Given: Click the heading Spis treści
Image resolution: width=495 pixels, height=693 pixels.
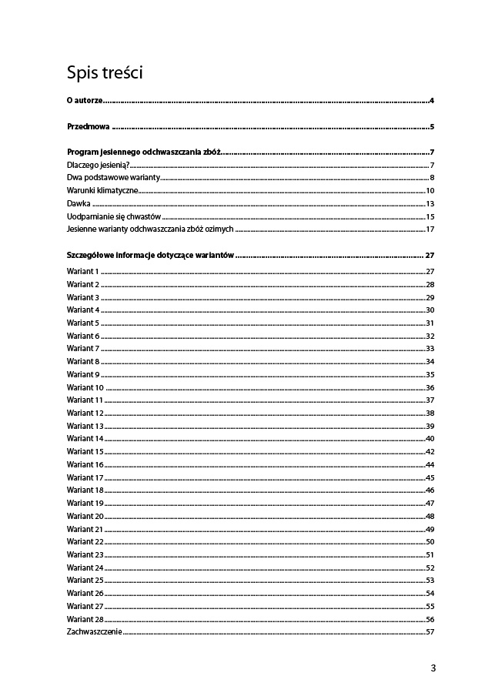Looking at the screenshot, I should [x=105, y=74].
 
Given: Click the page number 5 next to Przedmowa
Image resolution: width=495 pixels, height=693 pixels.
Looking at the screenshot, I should [x=433, y=127].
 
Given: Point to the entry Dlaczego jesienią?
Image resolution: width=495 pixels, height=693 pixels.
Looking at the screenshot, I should [x=97, y=165].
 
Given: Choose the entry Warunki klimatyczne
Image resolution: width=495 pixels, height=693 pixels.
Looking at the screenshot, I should [x=102, y=190].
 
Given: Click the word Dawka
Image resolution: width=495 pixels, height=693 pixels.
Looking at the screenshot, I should [x=79, y=203].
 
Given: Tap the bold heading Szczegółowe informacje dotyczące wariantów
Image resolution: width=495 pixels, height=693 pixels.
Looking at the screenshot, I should [x=150, y=255].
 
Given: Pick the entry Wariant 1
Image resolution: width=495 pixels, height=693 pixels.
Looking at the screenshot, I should [x=83, y=272].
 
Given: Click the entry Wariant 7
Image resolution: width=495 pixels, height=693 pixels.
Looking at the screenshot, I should [x=83, y=349].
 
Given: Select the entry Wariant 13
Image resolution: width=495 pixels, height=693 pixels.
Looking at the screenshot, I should [x=85, y=426].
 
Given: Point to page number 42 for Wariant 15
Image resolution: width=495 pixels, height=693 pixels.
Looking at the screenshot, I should [x=430, y=451].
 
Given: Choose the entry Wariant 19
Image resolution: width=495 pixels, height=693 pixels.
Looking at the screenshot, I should [x=85, y=503].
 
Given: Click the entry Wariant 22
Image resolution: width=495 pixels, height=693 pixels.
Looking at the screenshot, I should [x=85, y=542].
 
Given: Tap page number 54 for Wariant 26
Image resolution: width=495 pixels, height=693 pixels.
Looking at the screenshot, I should [x=430, y=594].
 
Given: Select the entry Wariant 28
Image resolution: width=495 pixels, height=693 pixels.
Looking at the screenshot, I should [x=85, y=619].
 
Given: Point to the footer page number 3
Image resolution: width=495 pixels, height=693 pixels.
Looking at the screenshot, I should [x=433, y=668].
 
